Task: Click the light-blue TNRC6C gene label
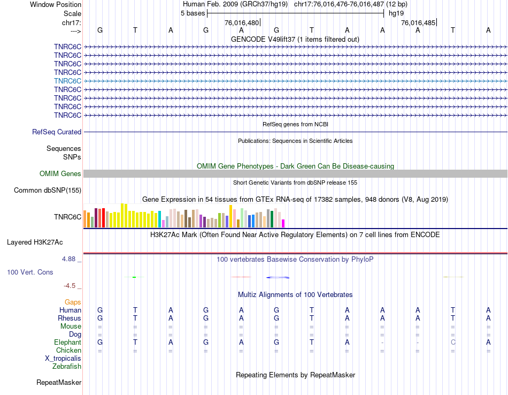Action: (67, 81)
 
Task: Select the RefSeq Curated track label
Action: (57, 132)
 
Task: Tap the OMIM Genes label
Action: (60, 173)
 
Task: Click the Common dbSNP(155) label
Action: (48, 190)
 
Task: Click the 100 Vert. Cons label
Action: (30, 272)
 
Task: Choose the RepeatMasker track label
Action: (59, 382)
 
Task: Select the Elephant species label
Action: (67, 342)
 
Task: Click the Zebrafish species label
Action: (67, 366)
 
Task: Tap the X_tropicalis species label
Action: (63, 358)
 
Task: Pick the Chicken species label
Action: (68, 350)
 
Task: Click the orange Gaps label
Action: (73, 302)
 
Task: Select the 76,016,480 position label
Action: (242, 23)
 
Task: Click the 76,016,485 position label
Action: (418, 23)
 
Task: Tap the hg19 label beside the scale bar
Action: (396, 13)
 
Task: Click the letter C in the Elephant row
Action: (453, 342)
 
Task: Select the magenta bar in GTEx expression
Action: (283, 223)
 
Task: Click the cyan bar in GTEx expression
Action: (159, 219)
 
